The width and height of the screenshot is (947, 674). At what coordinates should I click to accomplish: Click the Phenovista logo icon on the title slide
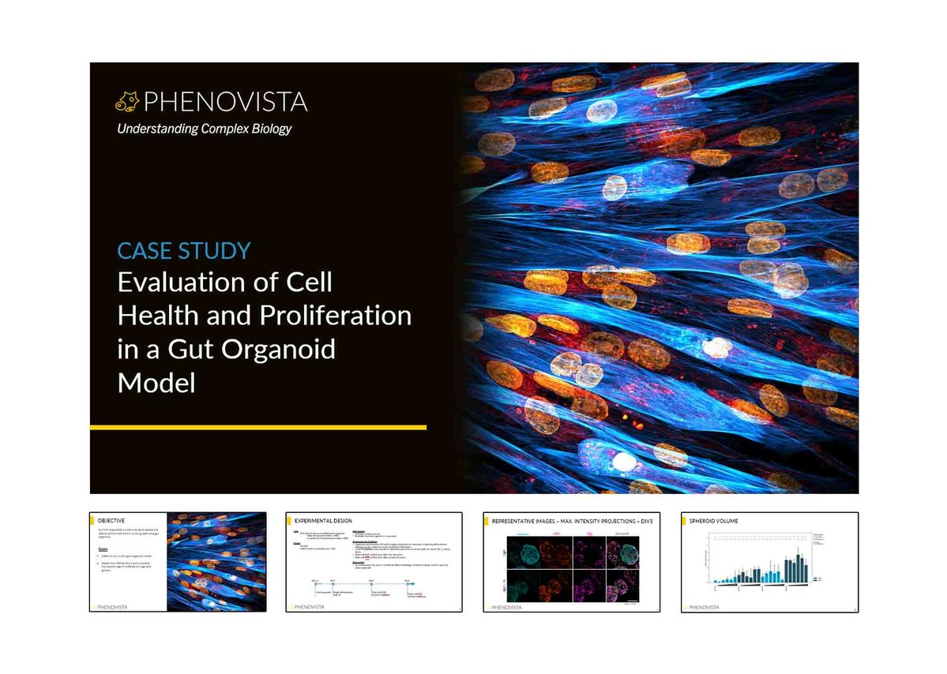tap(127, 102)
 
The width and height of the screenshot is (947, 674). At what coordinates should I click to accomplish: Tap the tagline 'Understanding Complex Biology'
tap(204, 128)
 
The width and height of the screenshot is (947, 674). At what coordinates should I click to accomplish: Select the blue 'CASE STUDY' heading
tap(183, 251)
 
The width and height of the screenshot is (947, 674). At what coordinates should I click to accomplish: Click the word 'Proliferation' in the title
tap(335, 316)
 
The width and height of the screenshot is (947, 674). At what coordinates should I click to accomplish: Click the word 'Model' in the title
tap(156, 383)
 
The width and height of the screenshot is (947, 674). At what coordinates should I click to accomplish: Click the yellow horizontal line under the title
tap(258, 427)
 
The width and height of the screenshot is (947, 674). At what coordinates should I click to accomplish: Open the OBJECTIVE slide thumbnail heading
tap(115, 521)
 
